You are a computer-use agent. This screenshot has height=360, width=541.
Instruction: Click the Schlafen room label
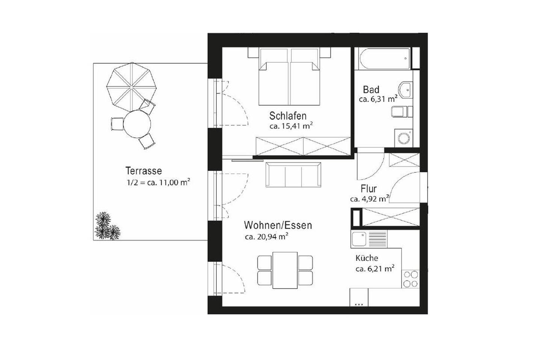(x=288, y=116)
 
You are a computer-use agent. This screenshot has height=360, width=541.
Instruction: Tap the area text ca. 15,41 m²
(x=291, y=126)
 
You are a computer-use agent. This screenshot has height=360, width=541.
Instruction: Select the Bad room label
(x=371, y=90)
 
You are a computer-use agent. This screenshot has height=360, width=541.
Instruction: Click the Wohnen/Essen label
(x=278, y=225)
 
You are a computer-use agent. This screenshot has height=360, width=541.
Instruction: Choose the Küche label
(x=367, y=258)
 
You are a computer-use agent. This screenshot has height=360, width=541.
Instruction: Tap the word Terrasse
(x=144, y=171)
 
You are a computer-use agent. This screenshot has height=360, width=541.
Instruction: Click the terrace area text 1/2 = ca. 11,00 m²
(x=157, y=183)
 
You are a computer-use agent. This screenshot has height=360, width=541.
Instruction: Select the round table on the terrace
(x=137, y=124)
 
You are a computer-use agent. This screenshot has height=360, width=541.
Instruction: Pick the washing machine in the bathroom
(x=404, y=138)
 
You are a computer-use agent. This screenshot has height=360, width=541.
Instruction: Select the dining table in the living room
(x=285, y=270)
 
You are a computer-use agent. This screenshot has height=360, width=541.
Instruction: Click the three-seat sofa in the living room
(x=293, y=175)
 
